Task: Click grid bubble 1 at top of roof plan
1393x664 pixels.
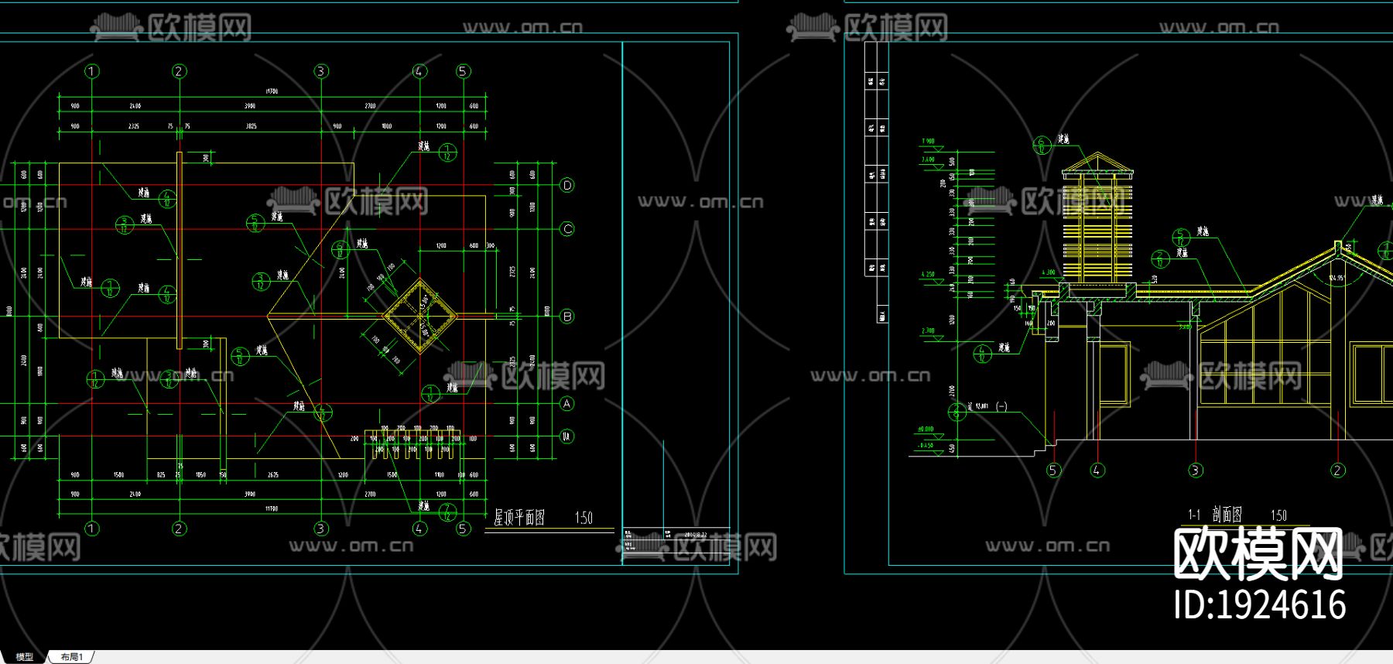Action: click(92, 71)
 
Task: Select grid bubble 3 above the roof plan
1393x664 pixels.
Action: click(321, 71)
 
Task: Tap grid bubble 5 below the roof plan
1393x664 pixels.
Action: click(463, 529)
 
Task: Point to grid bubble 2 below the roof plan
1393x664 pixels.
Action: click(179, 529)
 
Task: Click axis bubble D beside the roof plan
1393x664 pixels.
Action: click(567, 185)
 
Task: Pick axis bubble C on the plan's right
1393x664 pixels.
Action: click(567, 229)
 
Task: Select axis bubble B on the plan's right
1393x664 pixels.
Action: click(567, 317)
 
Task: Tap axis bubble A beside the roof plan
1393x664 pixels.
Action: click(567, 403)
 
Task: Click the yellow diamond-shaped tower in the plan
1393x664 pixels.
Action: click(420, 316)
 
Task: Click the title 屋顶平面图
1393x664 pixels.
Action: click(519, 518)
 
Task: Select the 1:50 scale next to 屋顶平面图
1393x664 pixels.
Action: click(584, 518)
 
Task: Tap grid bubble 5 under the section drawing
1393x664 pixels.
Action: click(1053, 470)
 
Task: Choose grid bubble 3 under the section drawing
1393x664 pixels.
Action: click(1196, 470)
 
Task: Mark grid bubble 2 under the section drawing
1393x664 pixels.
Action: click(1338, 470)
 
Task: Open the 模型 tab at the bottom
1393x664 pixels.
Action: click(25, 657)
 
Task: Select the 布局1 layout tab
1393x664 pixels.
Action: click(72, 657)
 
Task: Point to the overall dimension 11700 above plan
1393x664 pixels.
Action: click(272, 91)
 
